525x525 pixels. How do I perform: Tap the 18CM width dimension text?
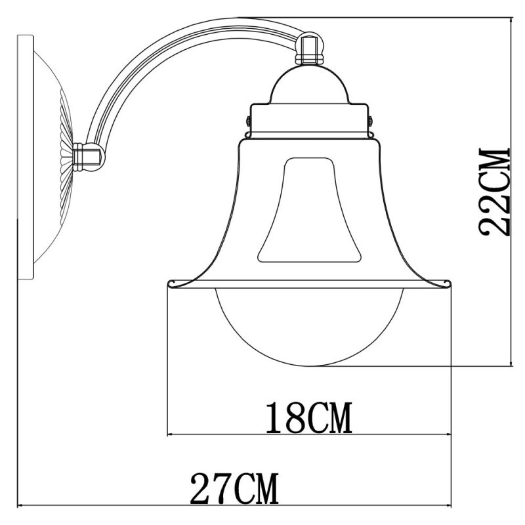tap(308, 419)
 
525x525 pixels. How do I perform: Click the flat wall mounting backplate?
tap(25, 157)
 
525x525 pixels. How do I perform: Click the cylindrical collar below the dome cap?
tap(308, 118)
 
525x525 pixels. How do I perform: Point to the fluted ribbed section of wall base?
tap(66, 157)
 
